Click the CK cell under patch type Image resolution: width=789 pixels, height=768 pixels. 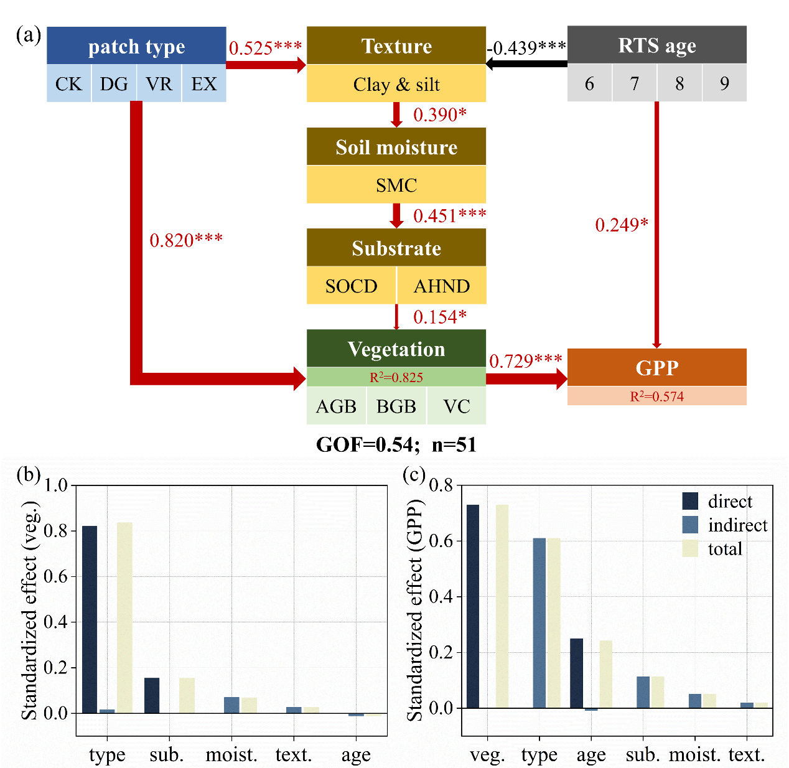[68, 83]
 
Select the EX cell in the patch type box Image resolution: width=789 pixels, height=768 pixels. [204, 83]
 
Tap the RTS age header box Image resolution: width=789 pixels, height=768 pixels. [656, 45]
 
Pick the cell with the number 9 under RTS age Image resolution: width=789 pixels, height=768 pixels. [724, 83]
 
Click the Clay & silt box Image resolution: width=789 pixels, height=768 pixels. [396, 84]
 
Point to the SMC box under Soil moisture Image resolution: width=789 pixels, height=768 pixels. [396, 185]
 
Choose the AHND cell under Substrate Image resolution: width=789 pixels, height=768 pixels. [442, 286]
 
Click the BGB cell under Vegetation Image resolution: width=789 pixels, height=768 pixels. [396, 406]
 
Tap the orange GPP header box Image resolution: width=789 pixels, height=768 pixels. [656, 367]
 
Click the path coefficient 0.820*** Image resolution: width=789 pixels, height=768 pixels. [186, 240]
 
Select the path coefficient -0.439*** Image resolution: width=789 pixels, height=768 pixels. [526, 48]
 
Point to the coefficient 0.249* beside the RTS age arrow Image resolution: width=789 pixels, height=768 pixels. [622, 225]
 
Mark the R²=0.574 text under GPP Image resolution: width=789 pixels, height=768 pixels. [656, 396]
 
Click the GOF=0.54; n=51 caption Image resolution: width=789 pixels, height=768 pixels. [396, 444]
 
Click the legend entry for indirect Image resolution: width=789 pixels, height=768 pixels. [737, 525]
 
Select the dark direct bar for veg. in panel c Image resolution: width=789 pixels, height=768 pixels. [473, 606]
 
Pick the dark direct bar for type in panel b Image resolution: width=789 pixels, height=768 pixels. [90, 619]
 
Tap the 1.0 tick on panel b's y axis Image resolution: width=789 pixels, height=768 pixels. [56, 485]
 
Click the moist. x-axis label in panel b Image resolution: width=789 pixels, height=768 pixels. [231, 755]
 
